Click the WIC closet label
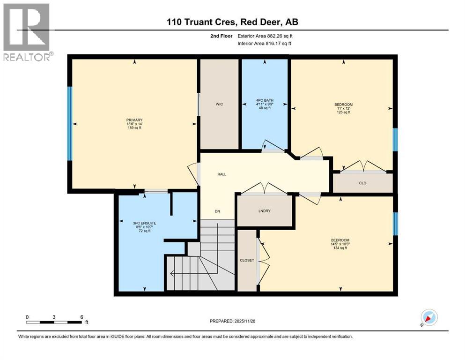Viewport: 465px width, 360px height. click(219, 104)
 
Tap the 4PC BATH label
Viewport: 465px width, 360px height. click(264, 100)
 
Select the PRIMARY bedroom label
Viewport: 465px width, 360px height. click(134, 120)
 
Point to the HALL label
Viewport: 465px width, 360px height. click(221, 174)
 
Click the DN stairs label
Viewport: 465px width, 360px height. click(217, 211)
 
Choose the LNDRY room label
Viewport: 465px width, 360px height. click(265, 211)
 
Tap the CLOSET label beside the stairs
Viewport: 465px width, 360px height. click(246, 260)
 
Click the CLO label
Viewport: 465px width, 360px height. click(362, 183)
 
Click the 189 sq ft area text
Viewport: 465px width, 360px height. click(134, 127)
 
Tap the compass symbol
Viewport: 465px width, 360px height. click(428, 318)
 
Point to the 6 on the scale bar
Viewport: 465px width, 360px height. click(82, 317)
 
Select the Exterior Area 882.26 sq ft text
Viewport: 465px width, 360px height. click(267, 36)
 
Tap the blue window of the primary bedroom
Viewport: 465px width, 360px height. click(70, 123)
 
